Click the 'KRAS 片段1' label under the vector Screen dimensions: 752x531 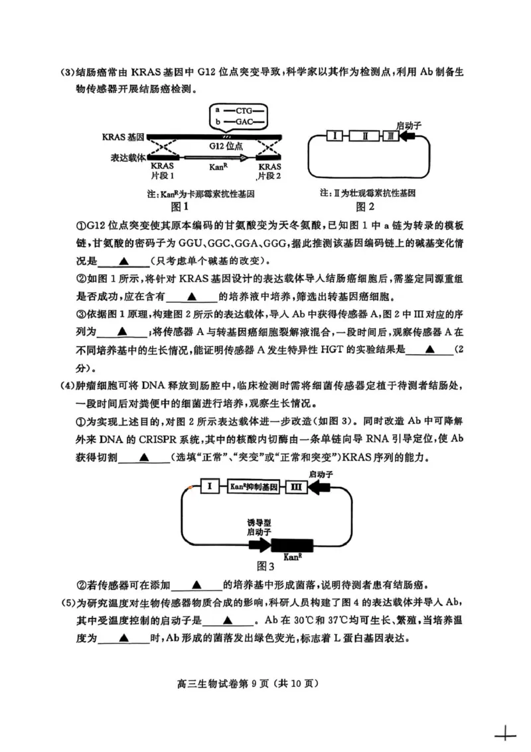163,171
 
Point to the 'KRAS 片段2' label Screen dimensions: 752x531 269,171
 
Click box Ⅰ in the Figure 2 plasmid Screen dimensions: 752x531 337,136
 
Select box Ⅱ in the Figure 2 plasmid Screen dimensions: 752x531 364,136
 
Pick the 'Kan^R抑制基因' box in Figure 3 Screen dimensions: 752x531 254,487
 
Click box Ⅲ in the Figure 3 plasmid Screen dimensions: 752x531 296,487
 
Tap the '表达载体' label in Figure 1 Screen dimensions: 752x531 123,158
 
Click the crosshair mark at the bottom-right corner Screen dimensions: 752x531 505,735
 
